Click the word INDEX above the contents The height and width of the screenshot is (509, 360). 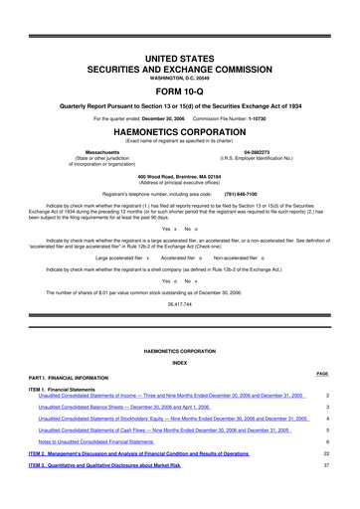[x=180, y=363]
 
